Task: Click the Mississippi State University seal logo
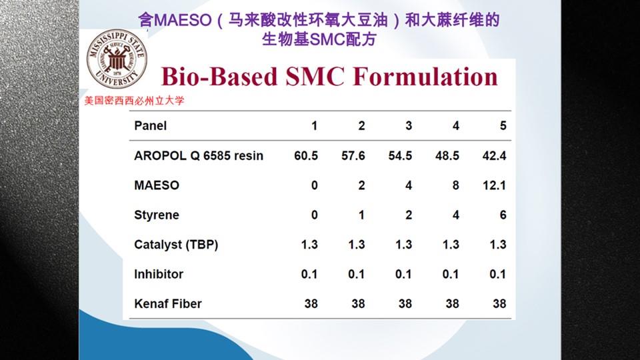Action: coord(117,59)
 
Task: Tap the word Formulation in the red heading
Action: coord(425,76)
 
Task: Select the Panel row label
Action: coord(150,126)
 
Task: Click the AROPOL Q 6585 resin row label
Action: coord(199,155)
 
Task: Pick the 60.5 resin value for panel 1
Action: coord(306,155)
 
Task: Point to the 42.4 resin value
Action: coord(494,155)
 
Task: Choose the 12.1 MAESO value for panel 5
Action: coord(494,185)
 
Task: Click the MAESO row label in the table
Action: coord(157,185)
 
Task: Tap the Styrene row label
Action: coord(156,215)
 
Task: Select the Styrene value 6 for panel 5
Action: coord(503,215)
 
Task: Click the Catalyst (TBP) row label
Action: coord(176,245)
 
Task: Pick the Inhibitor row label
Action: coord(159,274)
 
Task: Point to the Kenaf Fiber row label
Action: coord(168,304)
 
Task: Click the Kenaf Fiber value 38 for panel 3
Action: coord(405,304)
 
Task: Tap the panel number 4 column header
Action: coord(456,126)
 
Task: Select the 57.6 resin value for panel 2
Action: coord(353,155)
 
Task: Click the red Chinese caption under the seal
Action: coord(134,101)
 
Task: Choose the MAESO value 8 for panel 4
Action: coord(456,185)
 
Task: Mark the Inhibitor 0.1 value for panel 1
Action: coord(309,274)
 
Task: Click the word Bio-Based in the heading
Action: coord(219,76)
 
